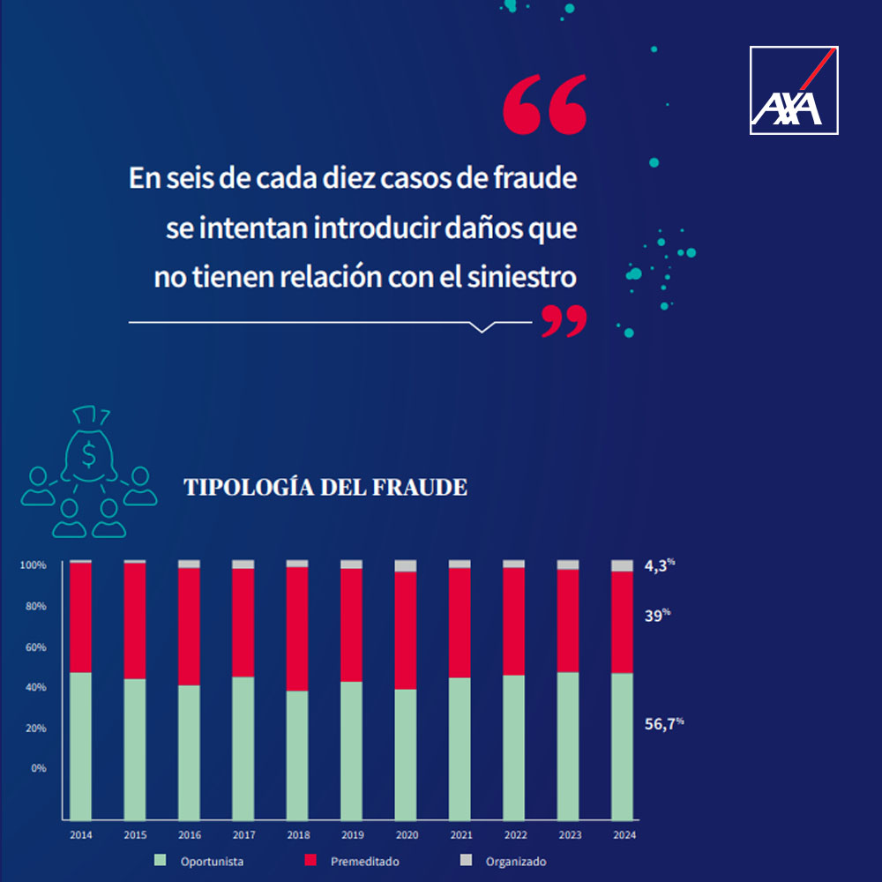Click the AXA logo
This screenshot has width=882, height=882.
[x=794, y=90]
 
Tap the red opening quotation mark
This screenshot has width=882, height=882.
[x=544, y=103]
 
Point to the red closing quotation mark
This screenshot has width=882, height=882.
[x=564, y=322]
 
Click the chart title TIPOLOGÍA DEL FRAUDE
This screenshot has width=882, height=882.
[x=325, y=487]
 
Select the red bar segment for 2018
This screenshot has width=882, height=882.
[x=297, y=628]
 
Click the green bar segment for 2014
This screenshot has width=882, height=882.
[x=81, y=745]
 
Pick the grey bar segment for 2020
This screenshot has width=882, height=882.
[x=406, y=565]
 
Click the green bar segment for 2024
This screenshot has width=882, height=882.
[x=622, y=745]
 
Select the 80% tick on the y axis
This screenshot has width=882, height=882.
[x=34, y=607]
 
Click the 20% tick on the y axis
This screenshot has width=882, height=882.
[x=34, y=729]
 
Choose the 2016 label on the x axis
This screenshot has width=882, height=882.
[x=190, y=834]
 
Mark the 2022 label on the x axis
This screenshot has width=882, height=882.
[x=514, y=834]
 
